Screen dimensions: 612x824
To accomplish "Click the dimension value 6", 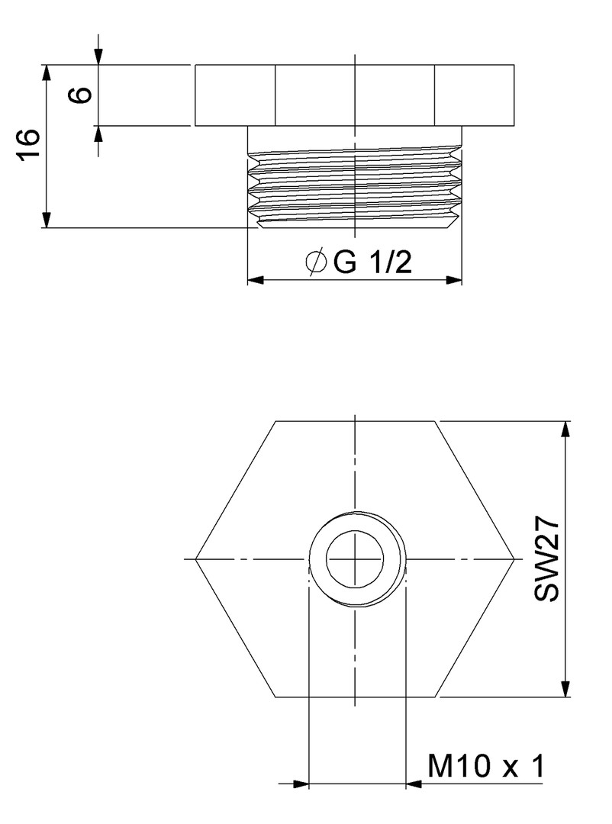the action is pos(82,95).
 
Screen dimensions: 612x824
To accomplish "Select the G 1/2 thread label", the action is pos(372,262).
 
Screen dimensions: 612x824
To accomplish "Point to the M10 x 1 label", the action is pos(486,766).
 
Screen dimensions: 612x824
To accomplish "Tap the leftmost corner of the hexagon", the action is pos(195,558).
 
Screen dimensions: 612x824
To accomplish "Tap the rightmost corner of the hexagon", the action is pos(514,558).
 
